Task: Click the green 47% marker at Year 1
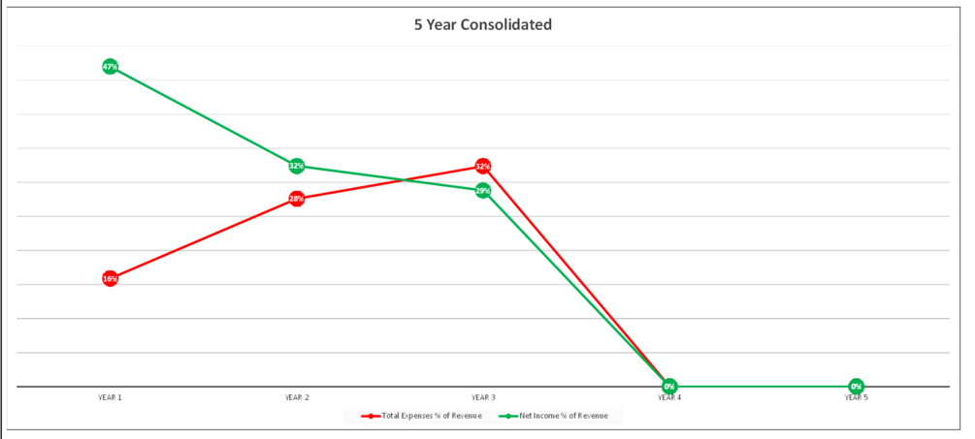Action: (110, 67)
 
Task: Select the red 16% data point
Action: (110, 279)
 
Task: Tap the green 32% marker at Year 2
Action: (297, 166)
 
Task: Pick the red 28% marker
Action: (297, 199)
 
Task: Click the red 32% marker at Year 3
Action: (483, 167)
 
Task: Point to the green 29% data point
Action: (483, 191)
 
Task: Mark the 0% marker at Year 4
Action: (669, 387)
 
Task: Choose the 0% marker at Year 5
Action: (856, 387)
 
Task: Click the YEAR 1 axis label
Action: (110, 397)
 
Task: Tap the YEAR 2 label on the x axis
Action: (297, 397)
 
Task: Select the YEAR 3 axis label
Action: (483, 397)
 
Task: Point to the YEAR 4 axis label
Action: (669, 397)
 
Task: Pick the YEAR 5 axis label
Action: (856, 397)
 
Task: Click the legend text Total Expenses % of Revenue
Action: (431, 416)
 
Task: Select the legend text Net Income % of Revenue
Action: (564, 416)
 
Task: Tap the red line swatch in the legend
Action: (370, 416)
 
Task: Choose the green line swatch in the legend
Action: (507, 416)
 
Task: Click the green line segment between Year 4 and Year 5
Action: (763, 387)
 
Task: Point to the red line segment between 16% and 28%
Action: (204, 238)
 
